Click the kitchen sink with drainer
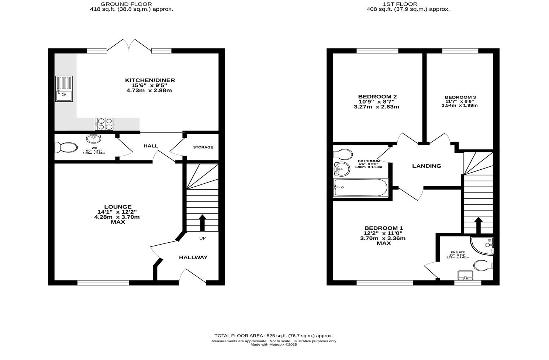point(64,89)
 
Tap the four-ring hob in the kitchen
point(104,124)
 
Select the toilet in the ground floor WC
point(66,147)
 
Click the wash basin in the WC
point(94,139)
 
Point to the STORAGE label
point(203,147)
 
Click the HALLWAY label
point(193,257)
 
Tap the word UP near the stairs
point(203,238)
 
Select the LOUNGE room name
point(118,207)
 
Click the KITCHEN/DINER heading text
point(150,80)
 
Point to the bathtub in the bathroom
point(360,187)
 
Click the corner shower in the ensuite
point(481,246)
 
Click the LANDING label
point(427,166)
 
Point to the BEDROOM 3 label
point(460,97)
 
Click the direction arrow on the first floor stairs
point(479,225)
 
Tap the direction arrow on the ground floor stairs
point(202,223)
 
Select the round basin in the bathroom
point(342,169)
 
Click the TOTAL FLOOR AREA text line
point(274,336)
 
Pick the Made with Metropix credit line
point(273,345)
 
